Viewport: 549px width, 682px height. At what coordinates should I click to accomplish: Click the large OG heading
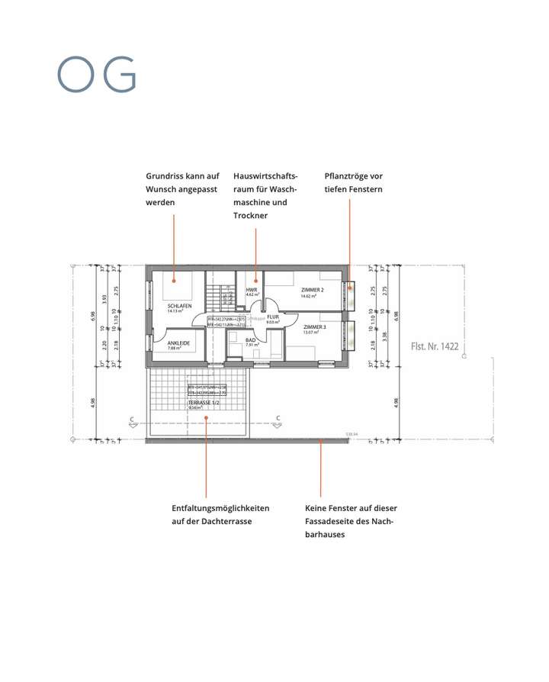(x=97, y=75)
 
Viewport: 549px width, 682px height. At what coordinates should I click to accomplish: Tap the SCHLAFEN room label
(x=179, y=306)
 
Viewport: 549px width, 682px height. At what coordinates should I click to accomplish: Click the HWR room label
(x=251, y=290)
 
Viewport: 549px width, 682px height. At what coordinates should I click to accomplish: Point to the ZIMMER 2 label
(x=313, y=290)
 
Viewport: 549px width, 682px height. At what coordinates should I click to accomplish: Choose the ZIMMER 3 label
(x=314, y=327)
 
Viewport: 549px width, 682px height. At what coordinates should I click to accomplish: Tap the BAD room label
(x=251, y=340)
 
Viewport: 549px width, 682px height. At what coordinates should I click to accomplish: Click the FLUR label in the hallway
(x=272, y=317)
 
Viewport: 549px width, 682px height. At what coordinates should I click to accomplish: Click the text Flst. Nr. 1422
(x=435, y=346)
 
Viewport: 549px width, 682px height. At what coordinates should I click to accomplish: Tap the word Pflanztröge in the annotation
(x=348, y=176)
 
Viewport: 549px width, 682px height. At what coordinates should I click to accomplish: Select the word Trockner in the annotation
(x=250, y=216)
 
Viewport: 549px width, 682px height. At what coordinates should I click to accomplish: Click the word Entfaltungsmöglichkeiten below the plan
(x=220, y=508)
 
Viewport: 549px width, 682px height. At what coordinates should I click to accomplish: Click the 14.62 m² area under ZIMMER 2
(x=310, y=296)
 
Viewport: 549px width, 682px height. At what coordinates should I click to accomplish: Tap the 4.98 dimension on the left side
(x=93, y=403)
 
